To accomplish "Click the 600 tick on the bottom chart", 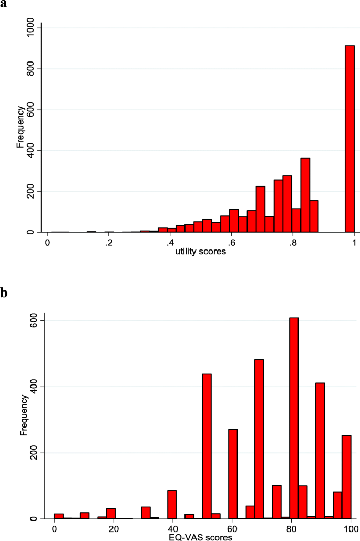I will [x=33, y=320].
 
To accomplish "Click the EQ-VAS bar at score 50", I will [x=207, y=446].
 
